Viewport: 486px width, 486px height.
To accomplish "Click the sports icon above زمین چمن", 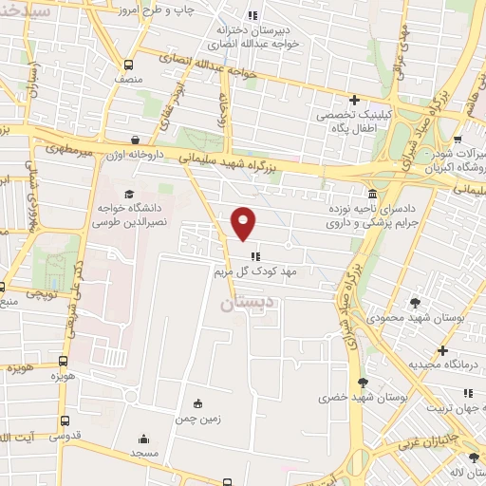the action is pyautogui.click(x=197, y=402).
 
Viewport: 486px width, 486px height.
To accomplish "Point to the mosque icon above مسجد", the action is pyautogui.click(x=143, y=439).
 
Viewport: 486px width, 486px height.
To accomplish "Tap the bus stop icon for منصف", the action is pyautogui.click(x=128, y=65).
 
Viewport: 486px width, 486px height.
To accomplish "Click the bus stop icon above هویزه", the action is pyautogui.click(x=64, y=362).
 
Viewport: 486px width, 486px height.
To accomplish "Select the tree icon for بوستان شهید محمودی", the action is pyautogui.click(x=417, y=302).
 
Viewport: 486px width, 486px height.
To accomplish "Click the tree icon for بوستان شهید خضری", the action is pyautogui.click(x=363, y=382).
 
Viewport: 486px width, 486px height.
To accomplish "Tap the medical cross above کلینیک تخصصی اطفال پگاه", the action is pyautogui.click(x=354, y=99).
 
